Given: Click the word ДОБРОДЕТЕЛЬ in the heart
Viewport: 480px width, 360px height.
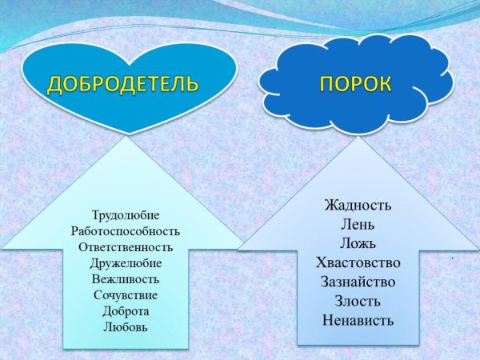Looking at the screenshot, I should coord(123,85).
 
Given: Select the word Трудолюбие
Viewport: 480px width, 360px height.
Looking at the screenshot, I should coord(126,215).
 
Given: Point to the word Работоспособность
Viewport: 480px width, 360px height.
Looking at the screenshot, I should coord(126,231).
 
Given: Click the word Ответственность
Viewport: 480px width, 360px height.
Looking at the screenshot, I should coord(126,247).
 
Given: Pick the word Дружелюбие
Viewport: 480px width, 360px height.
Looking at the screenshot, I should coord(126,263).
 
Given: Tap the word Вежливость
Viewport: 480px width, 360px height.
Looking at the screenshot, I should coord(126,279).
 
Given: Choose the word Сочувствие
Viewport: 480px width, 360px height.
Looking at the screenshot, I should coord(126,295).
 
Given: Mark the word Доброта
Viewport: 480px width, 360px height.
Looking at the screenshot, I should coord(126,310).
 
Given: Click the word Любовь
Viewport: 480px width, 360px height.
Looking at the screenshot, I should coord(126,326).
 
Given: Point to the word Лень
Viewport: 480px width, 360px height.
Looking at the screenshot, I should coord(358,224).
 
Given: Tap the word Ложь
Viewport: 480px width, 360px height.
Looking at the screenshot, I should coord(358,243).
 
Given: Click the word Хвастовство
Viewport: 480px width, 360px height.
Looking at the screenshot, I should coord(358,262).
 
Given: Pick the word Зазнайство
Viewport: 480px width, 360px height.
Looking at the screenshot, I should coord(358,282).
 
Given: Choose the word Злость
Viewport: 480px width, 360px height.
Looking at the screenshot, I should coord(358,301).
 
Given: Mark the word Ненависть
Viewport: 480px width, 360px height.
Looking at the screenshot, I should coord(358,321).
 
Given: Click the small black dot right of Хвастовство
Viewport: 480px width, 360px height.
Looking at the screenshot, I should coord(452,258).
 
